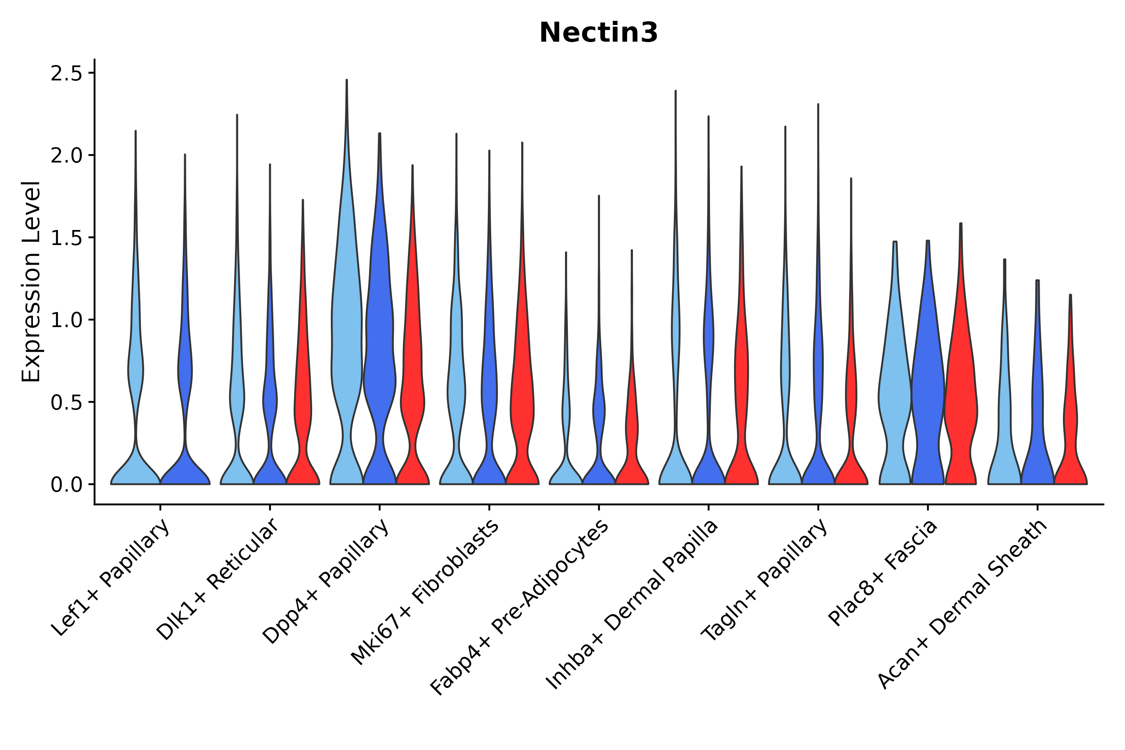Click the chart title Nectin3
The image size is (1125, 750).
click(x=598, y=33)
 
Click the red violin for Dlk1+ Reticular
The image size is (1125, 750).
click(x=303, y=407)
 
